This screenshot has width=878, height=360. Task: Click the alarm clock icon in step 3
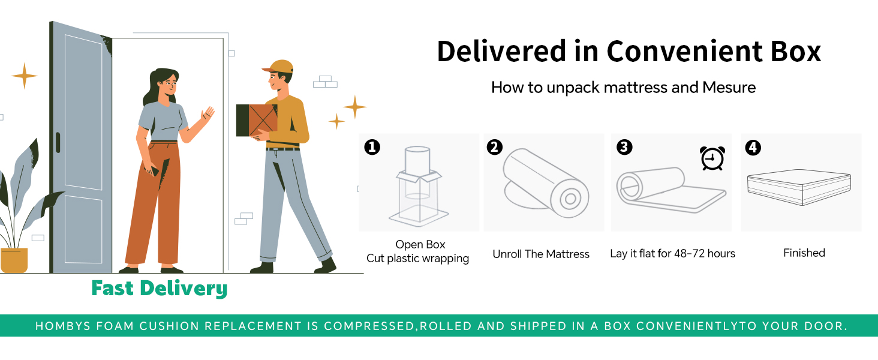712,158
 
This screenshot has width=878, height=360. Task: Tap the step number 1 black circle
372,147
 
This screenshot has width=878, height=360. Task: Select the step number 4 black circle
753,147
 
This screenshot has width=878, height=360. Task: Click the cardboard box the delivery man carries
256,120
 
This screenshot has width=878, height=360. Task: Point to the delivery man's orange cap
278,66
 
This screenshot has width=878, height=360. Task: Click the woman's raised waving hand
208,114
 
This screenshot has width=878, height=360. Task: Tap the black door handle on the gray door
58,142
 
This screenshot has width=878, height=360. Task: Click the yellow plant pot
14,260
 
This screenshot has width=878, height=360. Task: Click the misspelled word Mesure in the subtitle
728,88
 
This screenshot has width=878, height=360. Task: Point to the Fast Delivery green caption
160,289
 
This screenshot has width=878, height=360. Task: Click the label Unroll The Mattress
541,254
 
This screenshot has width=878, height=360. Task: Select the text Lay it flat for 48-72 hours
672,253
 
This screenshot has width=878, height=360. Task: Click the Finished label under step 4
804,253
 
